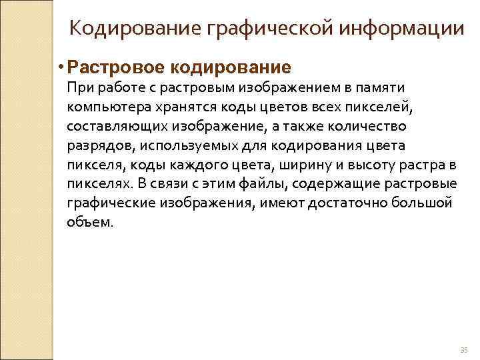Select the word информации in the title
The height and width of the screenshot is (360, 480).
click(404, 29)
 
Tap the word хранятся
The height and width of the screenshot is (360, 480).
click(184, 107)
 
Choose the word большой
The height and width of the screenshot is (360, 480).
click(424, 203)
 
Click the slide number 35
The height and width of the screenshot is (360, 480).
click(464, 351)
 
